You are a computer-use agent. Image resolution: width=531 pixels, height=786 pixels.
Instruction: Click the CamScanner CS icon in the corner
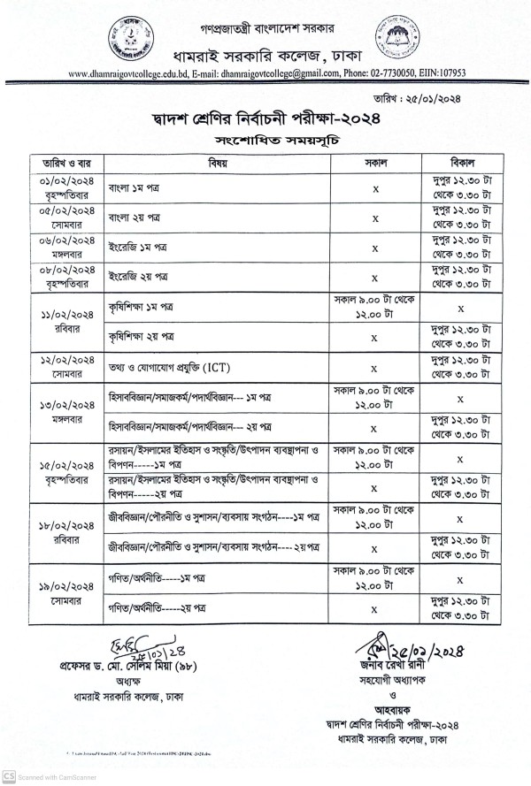9,776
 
